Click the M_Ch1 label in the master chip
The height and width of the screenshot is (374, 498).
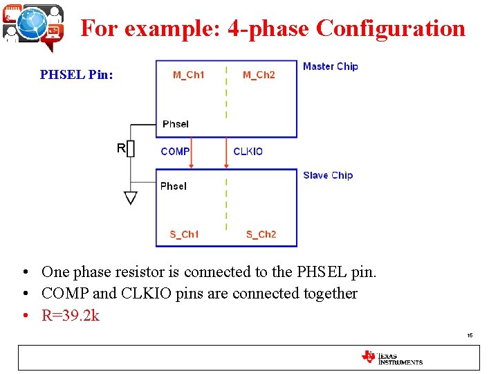(x=188, y=75)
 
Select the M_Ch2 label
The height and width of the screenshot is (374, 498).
(x=259, y=75)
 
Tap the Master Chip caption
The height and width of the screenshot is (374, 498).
(x=330, y=66)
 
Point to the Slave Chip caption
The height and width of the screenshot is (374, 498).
(x=327, y=175)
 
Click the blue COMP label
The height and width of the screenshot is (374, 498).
(x=175, y=152)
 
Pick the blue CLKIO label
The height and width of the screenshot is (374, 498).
(x=248, y=152)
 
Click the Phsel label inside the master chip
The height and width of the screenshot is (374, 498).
(x=175, y=124)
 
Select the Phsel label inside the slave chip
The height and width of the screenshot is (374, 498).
(x=173, y=186)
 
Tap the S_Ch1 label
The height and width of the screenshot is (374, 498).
(x=184, y=234)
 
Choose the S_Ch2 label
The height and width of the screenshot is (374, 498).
(x=261, y=234)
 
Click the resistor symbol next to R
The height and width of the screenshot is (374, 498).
(x=131, y=149)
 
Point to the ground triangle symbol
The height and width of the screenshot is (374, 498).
(x=131, y=198)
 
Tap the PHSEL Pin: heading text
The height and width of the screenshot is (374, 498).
(x=76, y=74)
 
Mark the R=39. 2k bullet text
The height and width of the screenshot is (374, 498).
(x=71, y=316)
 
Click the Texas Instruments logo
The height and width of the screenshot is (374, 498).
(x=391, y=357)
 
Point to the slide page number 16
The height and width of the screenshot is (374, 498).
(x=470, y=335)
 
